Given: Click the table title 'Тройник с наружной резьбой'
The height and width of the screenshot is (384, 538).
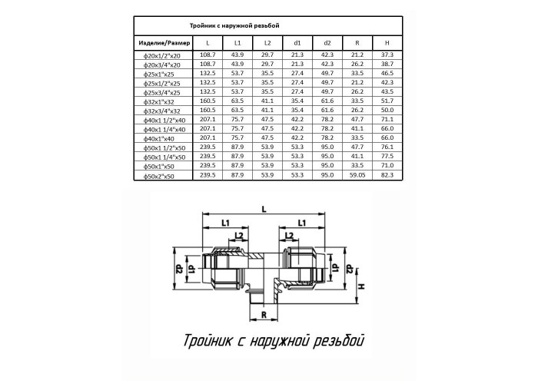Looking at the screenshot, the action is point(234,25).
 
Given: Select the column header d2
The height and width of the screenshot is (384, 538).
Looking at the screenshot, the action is point(327,43).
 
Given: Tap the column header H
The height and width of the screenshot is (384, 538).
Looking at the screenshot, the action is point(387,43).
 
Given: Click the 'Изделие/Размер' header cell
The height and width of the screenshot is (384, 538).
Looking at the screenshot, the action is point(164,43).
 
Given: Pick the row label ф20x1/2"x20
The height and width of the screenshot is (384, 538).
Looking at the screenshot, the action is point(162,55).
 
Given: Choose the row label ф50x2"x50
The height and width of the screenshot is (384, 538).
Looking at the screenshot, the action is point(159,176).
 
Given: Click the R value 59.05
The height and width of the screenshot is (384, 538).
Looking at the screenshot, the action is point(357,175).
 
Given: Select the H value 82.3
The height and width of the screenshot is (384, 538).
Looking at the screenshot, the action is point(387,175).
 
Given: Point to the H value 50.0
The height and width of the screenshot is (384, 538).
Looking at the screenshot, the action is point(387,110).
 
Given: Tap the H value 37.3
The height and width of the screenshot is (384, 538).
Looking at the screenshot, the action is point(387,55).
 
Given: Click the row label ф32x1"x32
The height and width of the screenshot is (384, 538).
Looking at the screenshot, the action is point(159,102).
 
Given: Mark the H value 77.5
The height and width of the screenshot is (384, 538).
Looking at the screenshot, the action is point(387,157).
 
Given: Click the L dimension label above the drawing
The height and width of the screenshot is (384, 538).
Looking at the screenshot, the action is point(264,209).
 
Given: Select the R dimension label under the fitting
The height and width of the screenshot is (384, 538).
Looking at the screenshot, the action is point(264,315).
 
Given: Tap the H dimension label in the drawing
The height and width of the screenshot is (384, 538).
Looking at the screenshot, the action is point(361,286).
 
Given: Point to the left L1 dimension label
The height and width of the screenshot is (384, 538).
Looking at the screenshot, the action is point(225,223).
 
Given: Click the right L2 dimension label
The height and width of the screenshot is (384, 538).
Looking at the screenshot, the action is point(290,236).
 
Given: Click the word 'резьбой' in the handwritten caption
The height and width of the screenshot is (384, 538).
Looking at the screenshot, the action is point(338,341).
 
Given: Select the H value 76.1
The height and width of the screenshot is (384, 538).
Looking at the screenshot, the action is point(387,147).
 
